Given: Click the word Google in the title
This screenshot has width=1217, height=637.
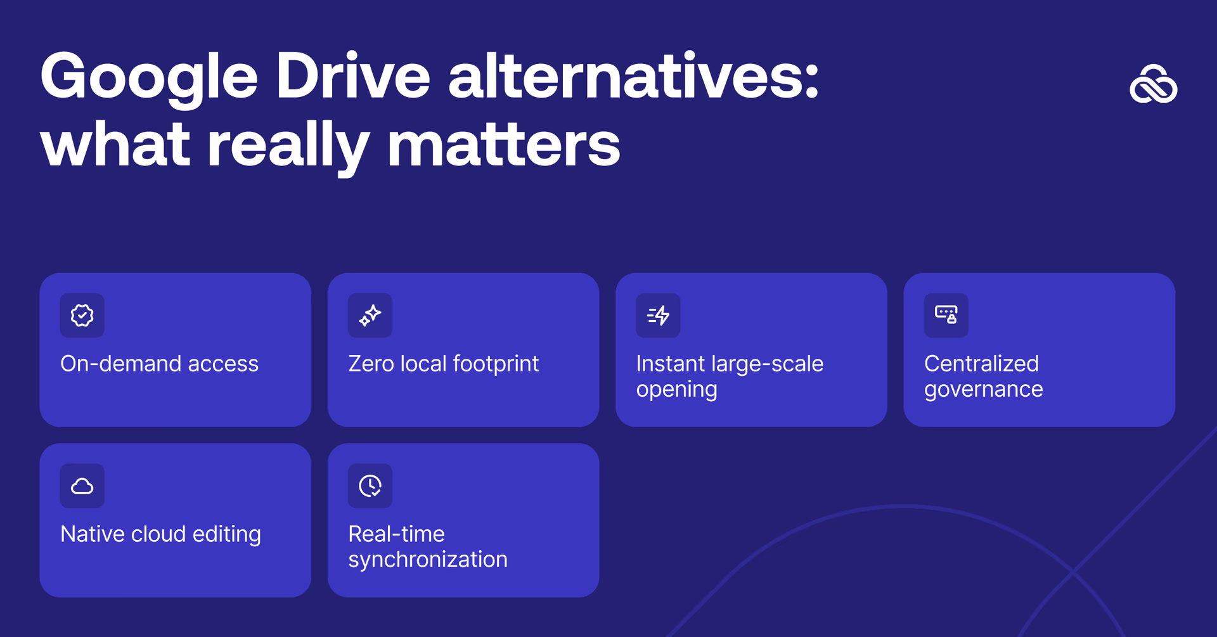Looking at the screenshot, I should pyautogui.click(x=149, y=77).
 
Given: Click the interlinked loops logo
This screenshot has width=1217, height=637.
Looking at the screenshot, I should pyautogui.click(x=1153, y=84).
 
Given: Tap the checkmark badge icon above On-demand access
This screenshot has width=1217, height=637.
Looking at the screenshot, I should pyautogui.click(x=82, y=316).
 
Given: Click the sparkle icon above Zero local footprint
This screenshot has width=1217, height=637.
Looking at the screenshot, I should pyautogui.click(x=370, y=316).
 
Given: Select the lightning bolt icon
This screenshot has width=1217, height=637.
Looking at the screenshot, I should pyautogui.click(x=658, y=316).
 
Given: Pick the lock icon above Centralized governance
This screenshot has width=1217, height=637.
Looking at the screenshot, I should pyautogui.click(x=946, y=315).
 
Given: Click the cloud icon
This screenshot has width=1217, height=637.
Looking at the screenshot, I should pyautogui.click(x=82, y=486).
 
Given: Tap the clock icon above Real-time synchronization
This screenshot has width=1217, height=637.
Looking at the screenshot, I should pyautogui.click(x=370, y=486).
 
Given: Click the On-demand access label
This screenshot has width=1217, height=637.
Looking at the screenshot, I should pyautogui.click(x=159, y=364).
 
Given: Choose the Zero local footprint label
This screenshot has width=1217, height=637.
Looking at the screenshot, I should pyautogui.click(x=443, y=364).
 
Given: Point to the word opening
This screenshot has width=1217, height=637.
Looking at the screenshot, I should pyautogui.click(x=676, y=390).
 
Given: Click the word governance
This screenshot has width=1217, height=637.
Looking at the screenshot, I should pyautogui.click(x=983, y=390).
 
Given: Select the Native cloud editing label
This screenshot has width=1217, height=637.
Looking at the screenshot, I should pyautogui.click(x=160, y=534).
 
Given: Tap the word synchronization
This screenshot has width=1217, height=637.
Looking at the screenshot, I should pyautogui.click(x=428, y=560).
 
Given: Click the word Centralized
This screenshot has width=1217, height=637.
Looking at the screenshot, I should pyautogui.click(x=981, y=364).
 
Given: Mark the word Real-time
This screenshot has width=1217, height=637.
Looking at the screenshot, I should pyautogui.click(x=396, y=534).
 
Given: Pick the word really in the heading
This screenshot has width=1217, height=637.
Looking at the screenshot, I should pyautogui.click(x=288, y=146).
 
